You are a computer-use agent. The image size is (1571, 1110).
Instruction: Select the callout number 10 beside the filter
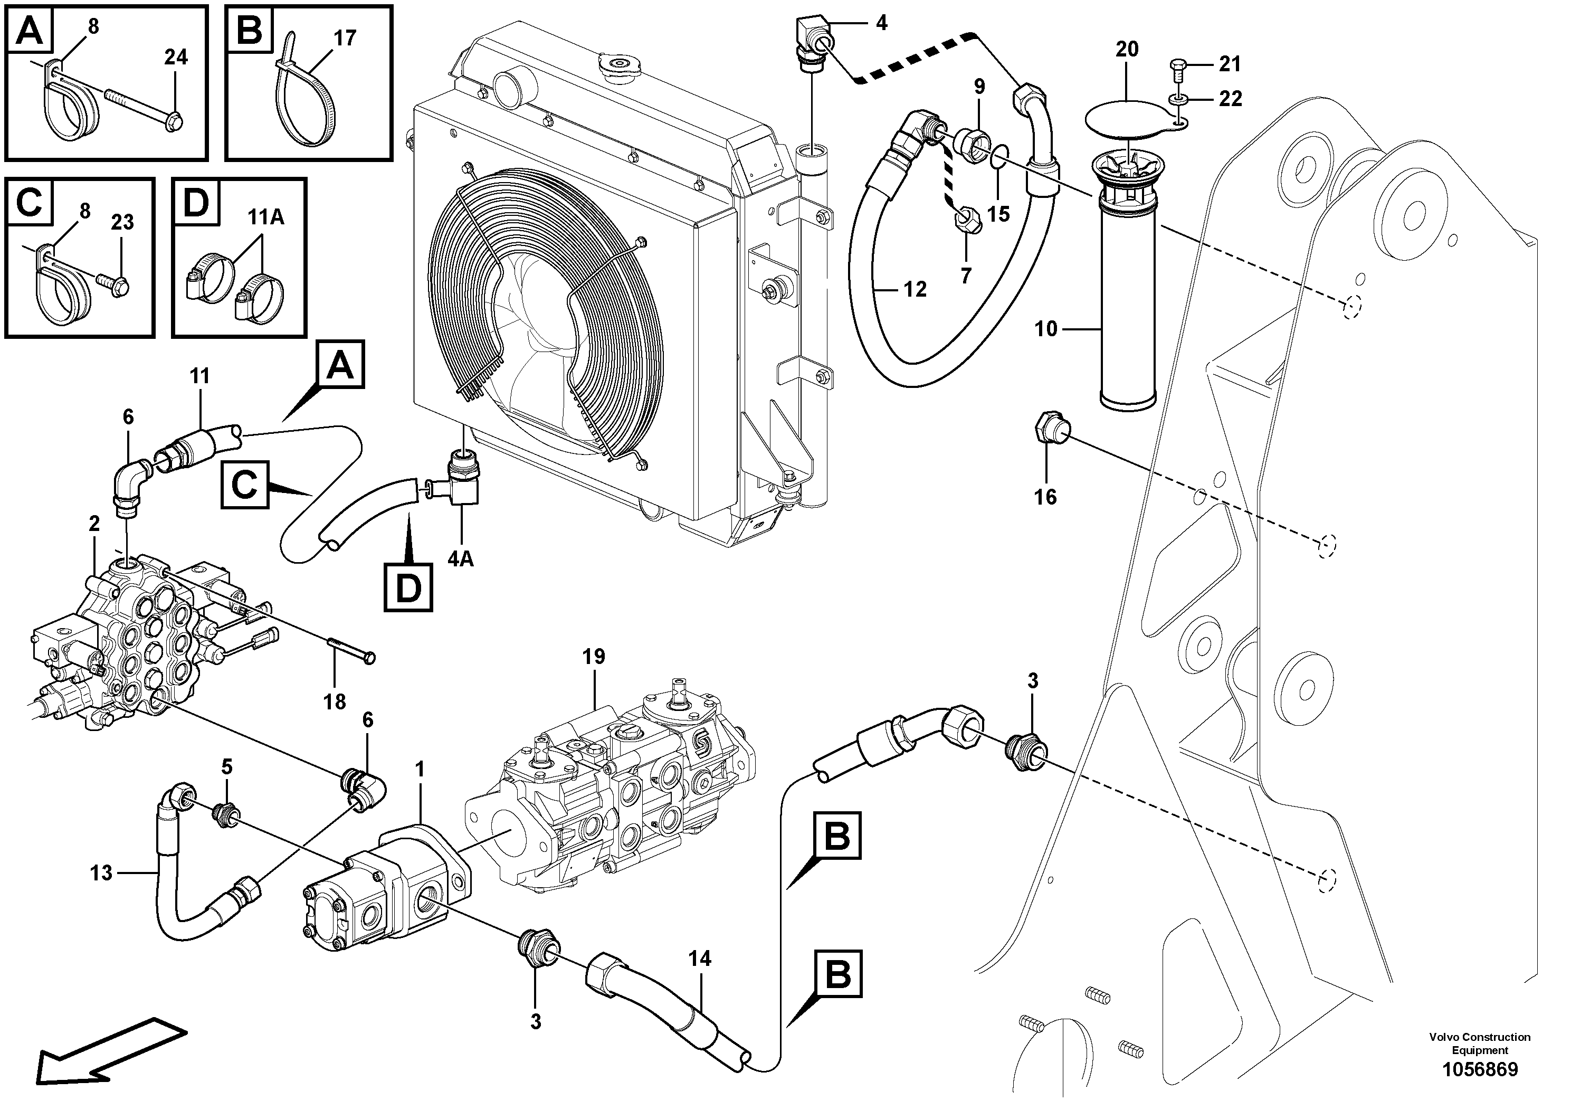[1045, 329]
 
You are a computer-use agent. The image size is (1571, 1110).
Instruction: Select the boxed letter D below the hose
[408, 586]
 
